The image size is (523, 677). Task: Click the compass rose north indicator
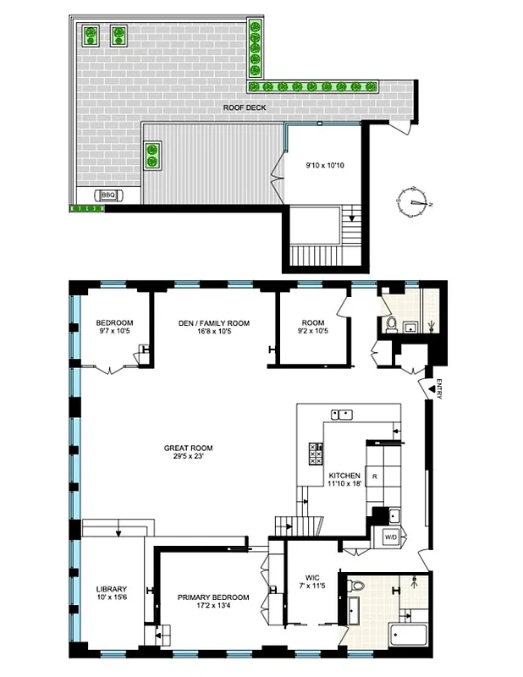click(x=415, y=201)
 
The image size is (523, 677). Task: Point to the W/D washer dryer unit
click(x=390, y=537)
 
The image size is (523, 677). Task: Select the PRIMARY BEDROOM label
click(x=212, y=602)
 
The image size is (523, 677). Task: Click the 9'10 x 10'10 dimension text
click(x=324, y=165)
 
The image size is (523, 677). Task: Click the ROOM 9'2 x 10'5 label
click(x=313, y=327)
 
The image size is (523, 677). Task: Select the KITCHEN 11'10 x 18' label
click(x=345, y=480)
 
